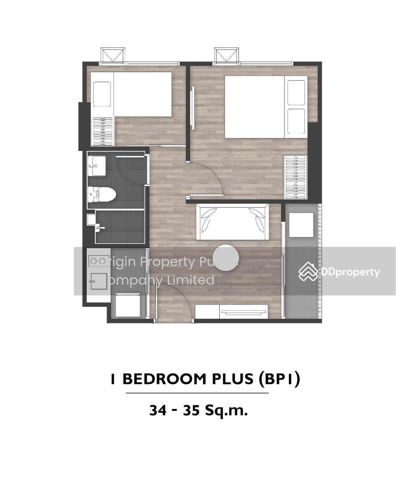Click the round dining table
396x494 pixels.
click(226, 258)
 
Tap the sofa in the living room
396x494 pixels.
click(232, 222)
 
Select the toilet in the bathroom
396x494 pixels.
click(102, 194)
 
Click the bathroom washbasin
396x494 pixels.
click(97, 166)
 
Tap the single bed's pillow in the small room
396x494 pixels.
click(102, 94)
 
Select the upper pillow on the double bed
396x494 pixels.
click(296, 93)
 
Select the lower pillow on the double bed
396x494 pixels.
click(296, 122)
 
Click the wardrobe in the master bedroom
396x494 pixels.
click(295, 177)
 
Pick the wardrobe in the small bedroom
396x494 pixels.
click(103, 131)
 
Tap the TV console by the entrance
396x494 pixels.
click(232, 312)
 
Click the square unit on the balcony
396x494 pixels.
click(301, 225)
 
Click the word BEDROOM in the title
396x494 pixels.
click(164, 379)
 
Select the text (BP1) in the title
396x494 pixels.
click(280, 379)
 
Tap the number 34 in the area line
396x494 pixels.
click(158, 410)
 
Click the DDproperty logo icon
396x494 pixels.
click(308, 271)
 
